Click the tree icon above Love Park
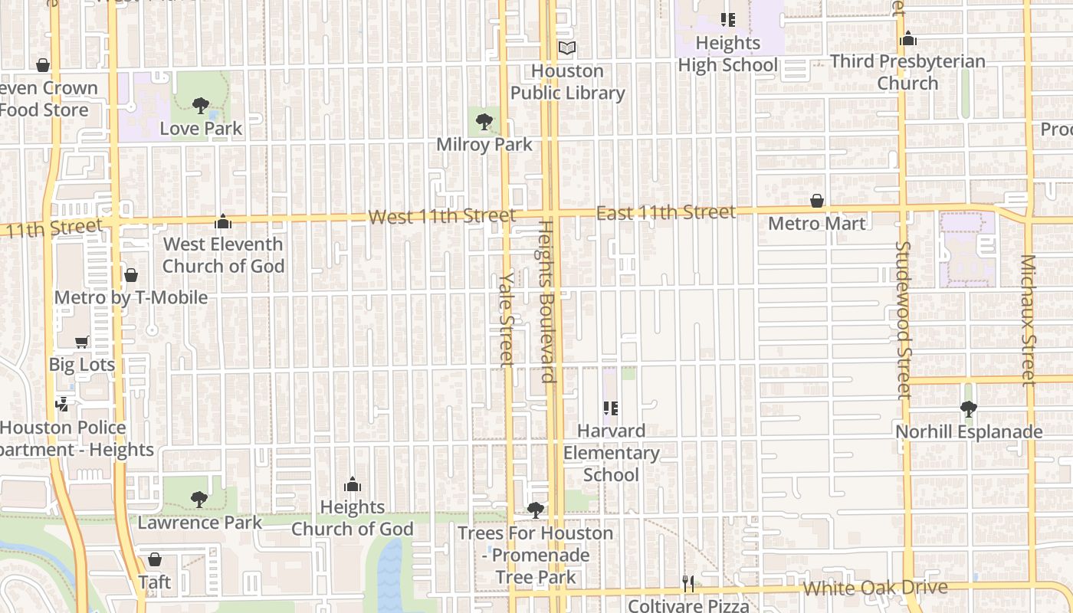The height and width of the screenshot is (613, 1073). (201, 105)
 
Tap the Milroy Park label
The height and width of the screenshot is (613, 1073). (484, 144)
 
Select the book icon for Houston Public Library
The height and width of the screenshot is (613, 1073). (567, 48)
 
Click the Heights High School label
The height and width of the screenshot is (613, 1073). (728, 54)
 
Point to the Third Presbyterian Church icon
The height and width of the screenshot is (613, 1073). (908, 38)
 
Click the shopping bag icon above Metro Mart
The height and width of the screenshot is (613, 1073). (817, 201)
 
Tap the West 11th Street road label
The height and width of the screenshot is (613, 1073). (441, 216)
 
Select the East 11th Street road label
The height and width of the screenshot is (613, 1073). (665, 212)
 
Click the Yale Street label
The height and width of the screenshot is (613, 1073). (507, 320)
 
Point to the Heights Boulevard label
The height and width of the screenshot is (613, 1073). (546, 300)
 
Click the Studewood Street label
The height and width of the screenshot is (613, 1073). (904, 320)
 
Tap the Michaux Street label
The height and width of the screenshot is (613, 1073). (1029, 320)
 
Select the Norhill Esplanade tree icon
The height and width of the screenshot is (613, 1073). (969, 409)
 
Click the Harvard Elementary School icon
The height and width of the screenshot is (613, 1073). (611, 408)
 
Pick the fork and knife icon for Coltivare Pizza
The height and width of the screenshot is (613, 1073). (688, 584)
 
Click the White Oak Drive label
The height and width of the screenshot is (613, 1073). (874, 588)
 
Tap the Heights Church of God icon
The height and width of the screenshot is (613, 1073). (353, 484)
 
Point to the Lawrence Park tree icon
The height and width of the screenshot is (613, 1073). (199, 500)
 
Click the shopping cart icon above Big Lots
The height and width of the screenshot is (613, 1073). (82, 342)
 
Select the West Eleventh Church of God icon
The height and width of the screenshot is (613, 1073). (223, 221)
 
